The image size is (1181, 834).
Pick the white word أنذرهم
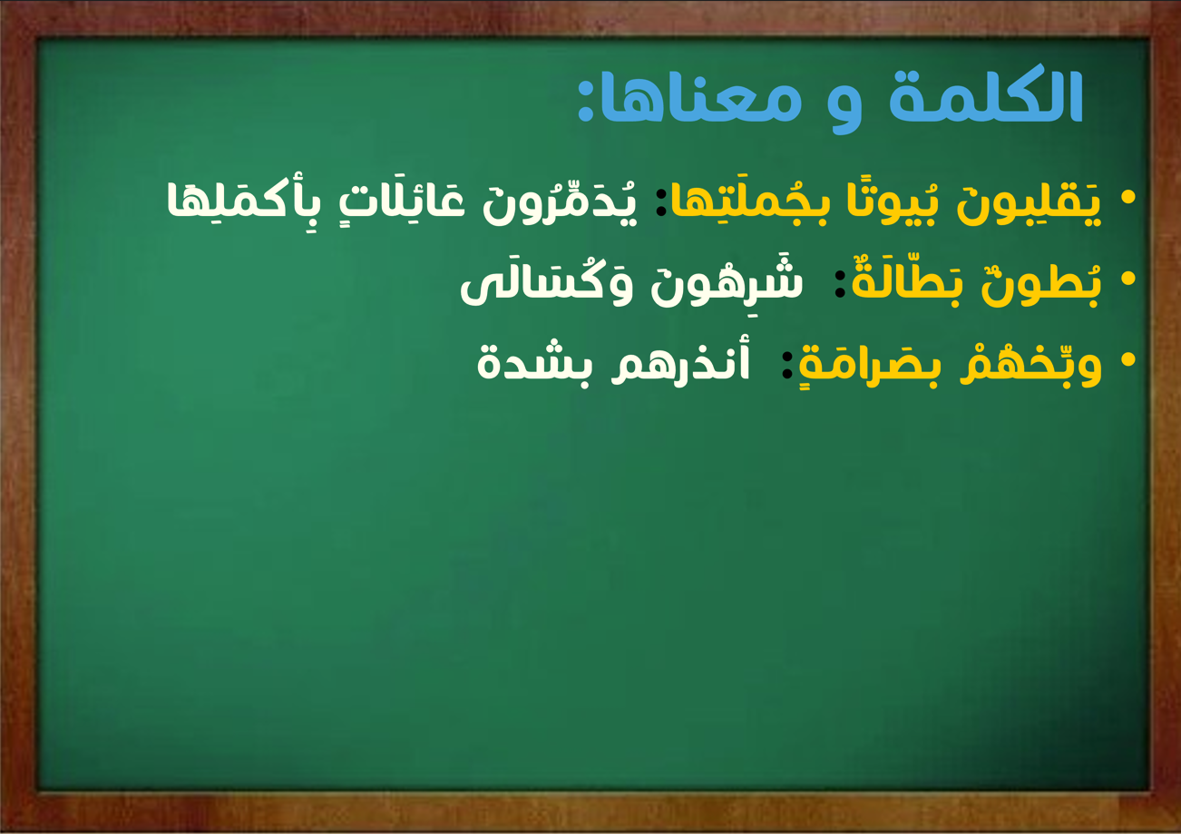coord(680,362)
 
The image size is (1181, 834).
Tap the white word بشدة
coord(535,364)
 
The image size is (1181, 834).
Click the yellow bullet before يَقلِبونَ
coord(1127,198)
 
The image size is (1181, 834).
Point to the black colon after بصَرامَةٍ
coord(786,365)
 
